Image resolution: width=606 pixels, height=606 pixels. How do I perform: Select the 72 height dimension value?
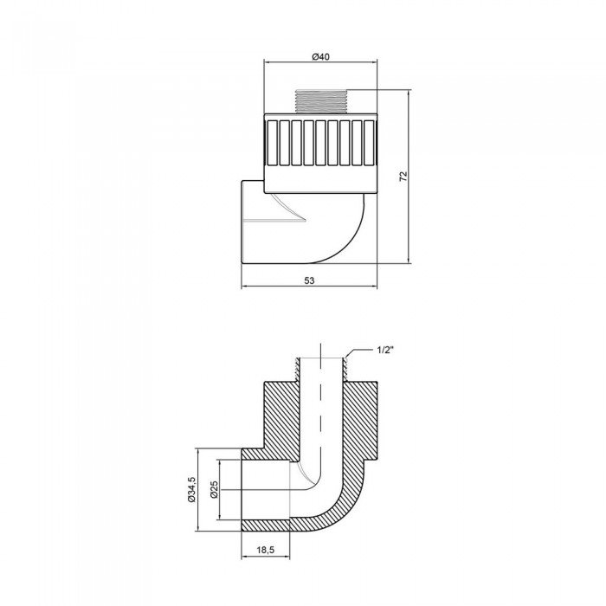(403, 177)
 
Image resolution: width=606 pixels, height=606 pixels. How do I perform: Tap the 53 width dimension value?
(309, 280)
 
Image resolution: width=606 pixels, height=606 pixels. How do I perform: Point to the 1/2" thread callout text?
(386, 350)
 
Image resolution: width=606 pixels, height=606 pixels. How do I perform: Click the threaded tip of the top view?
(322, 102)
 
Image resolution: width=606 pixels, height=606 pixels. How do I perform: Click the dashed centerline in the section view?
(322, 407)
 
